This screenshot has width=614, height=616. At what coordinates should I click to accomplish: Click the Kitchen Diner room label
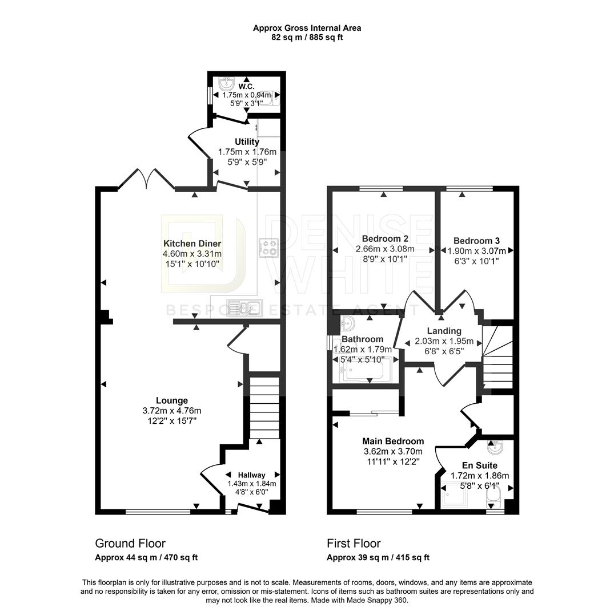[x=192, y=244]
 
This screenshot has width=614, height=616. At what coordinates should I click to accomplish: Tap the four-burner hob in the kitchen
[x=268, y=248]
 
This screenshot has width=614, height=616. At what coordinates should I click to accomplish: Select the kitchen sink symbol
[x=244, y=307]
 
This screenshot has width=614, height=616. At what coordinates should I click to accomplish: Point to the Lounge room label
[x=172, y=400]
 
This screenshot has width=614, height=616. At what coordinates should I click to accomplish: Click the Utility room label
[x=247, y=141]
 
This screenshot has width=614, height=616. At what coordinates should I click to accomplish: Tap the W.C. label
[x=246, y=87]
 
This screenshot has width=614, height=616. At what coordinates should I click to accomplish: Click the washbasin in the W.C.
[x=227, y=83]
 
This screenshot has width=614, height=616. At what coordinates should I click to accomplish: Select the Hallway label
[x=252, y=475]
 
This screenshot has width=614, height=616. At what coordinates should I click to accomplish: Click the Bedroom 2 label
[x=380, y=238]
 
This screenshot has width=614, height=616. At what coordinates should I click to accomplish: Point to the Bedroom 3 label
[x=477, y=241]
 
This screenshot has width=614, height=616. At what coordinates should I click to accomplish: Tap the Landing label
[x=444, y=331]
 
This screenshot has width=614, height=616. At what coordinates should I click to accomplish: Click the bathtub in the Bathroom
[x=366, y=370]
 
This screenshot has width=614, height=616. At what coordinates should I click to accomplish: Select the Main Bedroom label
[x=394, y=441]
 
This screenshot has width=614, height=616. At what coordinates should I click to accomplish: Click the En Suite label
[x=479, y=465]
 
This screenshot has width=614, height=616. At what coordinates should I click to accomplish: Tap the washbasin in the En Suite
[x=495, y=446]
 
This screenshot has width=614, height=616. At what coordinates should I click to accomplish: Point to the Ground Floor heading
[x=130, y=544]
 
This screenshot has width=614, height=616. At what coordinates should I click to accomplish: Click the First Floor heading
[x=354, y=544]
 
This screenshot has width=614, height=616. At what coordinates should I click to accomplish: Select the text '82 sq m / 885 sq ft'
[x=307, y=38]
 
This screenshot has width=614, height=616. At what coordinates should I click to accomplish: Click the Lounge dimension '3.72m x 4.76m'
[x=172, y=411]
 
